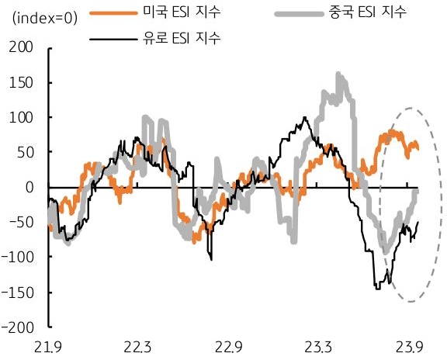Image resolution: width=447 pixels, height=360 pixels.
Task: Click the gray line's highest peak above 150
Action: tap(338, 74)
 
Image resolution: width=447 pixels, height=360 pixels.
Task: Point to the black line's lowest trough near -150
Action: tap(377, 289)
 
